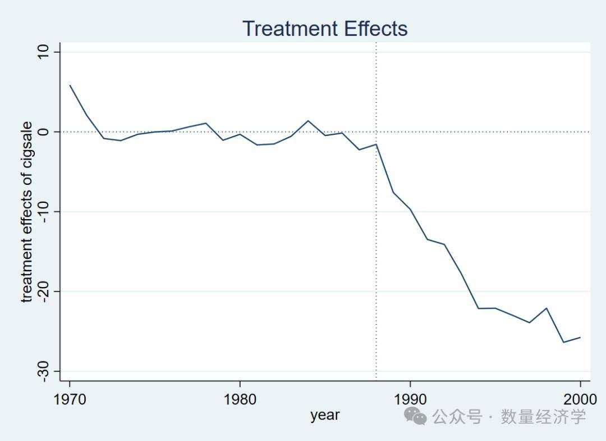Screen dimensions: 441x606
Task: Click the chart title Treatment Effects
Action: click(x=325, y=28)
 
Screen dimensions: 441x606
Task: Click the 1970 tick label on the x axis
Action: click(x=70, y=400)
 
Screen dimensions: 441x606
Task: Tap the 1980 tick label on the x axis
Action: click(x=240, y=400)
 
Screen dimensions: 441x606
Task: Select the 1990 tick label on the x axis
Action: click(x=410, y=400)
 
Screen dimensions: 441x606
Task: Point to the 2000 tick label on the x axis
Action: click(x=580, y=400)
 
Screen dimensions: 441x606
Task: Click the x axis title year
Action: click(x=325, y=415)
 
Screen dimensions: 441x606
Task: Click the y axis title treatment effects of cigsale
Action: click(x=26, y=212)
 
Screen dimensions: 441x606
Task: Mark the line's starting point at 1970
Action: click(x=70, y=85)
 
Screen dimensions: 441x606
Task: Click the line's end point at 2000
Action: click(x=580, y=337)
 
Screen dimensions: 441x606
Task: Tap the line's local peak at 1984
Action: click(x=308, y=121)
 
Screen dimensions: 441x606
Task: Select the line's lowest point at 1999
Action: click(x=563, y=342)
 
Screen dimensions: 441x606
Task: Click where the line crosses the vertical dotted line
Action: click(x=376, y=144)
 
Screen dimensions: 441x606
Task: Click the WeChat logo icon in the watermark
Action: click(x=416, y=416)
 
